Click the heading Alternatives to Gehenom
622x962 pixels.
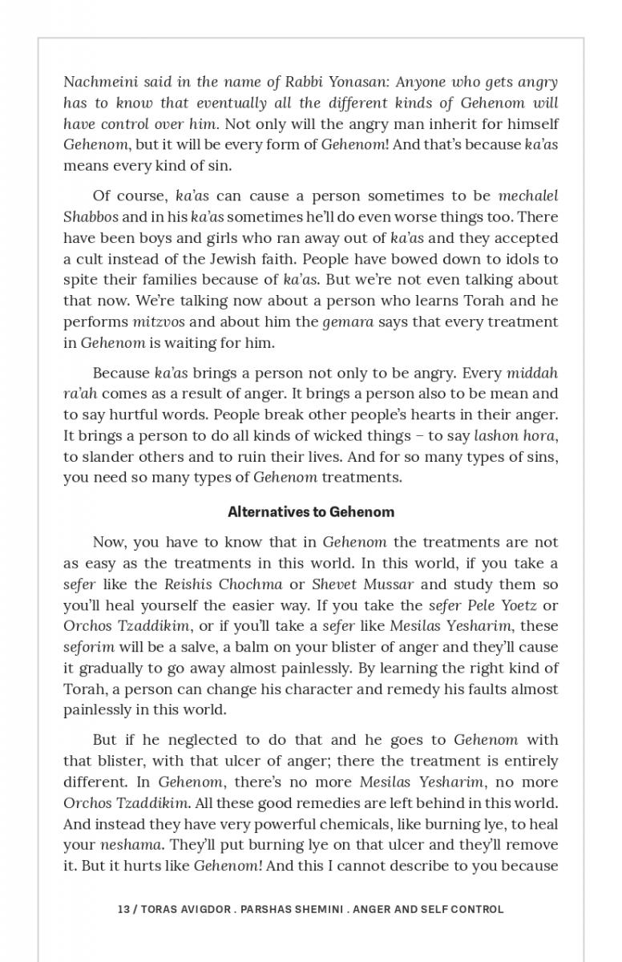click(311, 511)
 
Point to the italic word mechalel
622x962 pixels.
click(528, 196)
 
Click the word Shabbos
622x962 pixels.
click(91, 217)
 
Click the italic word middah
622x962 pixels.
click(532, 373)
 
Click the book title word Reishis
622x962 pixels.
click(191, 584)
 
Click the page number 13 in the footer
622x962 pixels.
click(123, 909)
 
